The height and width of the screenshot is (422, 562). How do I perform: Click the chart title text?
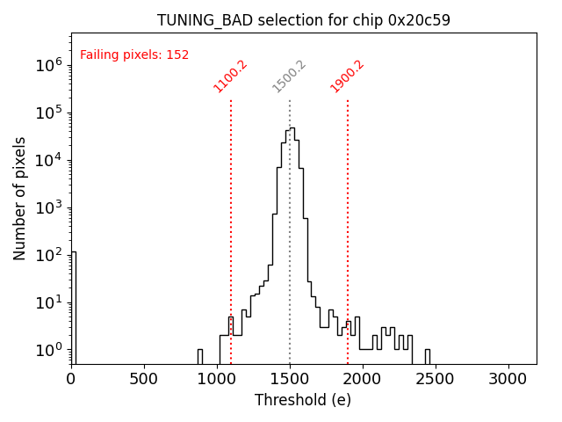(304, 20)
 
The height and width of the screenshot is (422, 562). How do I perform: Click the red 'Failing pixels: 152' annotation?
(134, 55)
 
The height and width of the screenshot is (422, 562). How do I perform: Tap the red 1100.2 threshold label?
(230, 76)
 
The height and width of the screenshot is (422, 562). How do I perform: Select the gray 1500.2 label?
(289, 76)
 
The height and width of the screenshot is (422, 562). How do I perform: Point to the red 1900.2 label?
(347, 76)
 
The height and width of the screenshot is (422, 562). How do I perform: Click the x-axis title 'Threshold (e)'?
(303, 400)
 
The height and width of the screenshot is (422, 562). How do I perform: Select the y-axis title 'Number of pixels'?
(20, 198)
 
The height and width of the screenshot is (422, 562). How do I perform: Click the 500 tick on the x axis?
(144, 378)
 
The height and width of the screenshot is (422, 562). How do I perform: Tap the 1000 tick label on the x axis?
(217, 378)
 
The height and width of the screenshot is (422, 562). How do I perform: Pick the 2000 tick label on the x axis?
(363, 378)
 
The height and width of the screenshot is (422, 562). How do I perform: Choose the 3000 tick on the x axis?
(508, 378)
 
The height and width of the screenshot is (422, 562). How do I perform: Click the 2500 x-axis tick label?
(436, 378)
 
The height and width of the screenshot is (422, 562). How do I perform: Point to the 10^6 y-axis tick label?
(47, 65)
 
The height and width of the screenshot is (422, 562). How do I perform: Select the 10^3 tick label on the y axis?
(47, 207)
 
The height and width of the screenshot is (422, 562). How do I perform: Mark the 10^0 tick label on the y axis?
(47, 350)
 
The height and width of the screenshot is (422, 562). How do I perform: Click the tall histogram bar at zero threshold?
(74, 308)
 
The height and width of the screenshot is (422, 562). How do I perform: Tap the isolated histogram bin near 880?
(199, 356)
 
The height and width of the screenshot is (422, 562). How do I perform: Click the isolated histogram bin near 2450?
(428, 356)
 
